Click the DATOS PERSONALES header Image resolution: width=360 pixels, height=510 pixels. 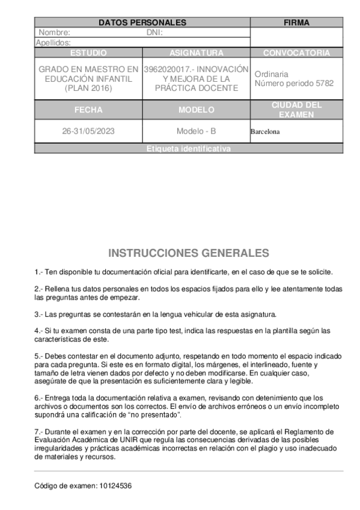pos(142,23)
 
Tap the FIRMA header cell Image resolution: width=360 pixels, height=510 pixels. pos(296,23)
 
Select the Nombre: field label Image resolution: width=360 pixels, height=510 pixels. pos(54,32)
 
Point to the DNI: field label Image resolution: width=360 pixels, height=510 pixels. pos(154,32)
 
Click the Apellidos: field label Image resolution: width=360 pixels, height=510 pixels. pos(53,43)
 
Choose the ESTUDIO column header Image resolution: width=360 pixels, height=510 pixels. pos(88,53)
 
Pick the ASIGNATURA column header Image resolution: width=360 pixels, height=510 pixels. pos(197,53)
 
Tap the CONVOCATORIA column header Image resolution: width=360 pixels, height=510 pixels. pos(296,53)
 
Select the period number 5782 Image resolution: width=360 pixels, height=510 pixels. pos(324,84)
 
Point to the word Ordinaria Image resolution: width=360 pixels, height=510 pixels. pos(271,74)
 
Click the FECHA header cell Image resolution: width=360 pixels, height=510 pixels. pos(88,110)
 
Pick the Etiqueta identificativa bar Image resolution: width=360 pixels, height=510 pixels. pos(188,149)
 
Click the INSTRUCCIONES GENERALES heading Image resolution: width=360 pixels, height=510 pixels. pos(188,253)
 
